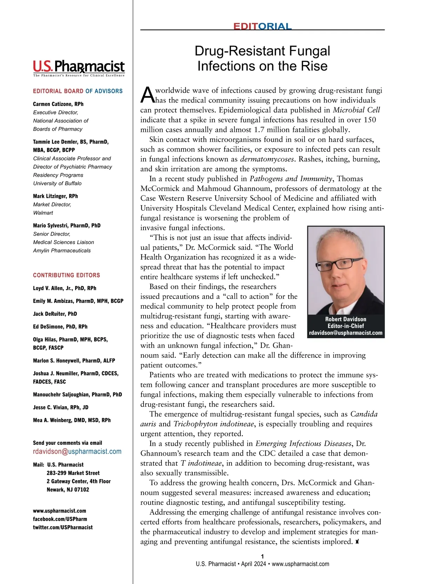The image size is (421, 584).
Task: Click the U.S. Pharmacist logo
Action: pos(79,68)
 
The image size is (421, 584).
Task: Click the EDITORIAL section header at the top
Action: pos(262,27)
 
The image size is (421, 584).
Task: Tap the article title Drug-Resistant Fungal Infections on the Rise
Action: pos(262,58)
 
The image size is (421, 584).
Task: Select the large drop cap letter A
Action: pos(147,95)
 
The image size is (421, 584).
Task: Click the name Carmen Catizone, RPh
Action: pos(58,104)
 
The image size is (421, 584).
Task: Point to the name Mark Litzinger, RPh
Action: pos(55,196)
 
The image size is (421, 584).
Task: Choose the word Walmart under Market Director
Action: pos(43,213)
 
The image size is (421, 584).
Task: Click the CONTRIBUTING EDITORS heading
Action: pos(66,275)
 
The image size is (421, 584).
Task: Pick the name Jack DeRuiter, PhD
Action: pos(55,314)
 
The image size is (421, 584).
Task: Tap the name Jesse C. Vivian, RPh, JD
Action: pos(61,407)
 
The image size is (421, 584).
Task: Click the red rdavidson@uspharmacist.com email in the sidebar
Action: pos(77,452)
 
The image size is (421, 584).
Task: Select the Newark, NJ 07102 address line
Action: pos(68,490)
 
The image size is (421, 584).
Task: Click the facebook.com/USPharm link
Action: pos(60,519)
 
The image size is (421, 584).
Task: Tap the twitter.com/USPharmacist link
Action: pos(63,528)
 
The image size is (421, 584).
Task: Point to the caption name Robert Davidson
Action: pos(346,319)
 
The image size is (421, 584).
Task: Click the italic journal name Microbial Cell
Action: pos(356,110)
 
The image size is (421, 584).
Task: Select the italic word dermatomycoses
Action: pos(267,159)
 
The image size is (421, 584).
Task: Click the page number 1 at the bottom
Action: pos(262,556)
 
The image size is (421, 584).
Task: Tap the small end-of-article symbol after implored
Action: pos(357,542)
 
